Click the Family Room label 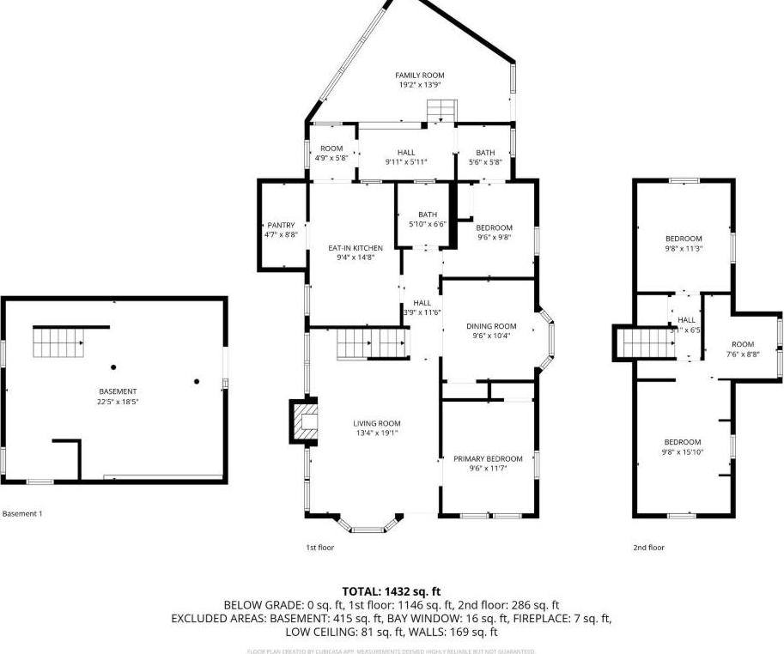tap(419, 76)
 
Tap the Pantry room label tap(281, 226)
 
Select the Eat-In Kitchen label tap(356, 248)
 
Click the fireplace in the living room tap(304, 421)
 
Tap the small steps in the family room tap(441, 111)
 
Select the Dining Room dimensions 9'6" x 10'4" tap(491, 336)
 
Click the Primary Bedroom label tap(488, 459)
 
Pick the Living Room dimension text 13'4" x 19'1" tap(377, 433)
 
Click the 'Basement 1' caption tap(22, 513)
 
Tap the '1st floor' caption tap(319, 547)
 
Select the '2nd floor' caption tap(650, 547)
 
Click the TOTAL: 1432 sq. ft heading tap(392, 590)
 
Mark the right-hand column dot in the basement tap(197, 381)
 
